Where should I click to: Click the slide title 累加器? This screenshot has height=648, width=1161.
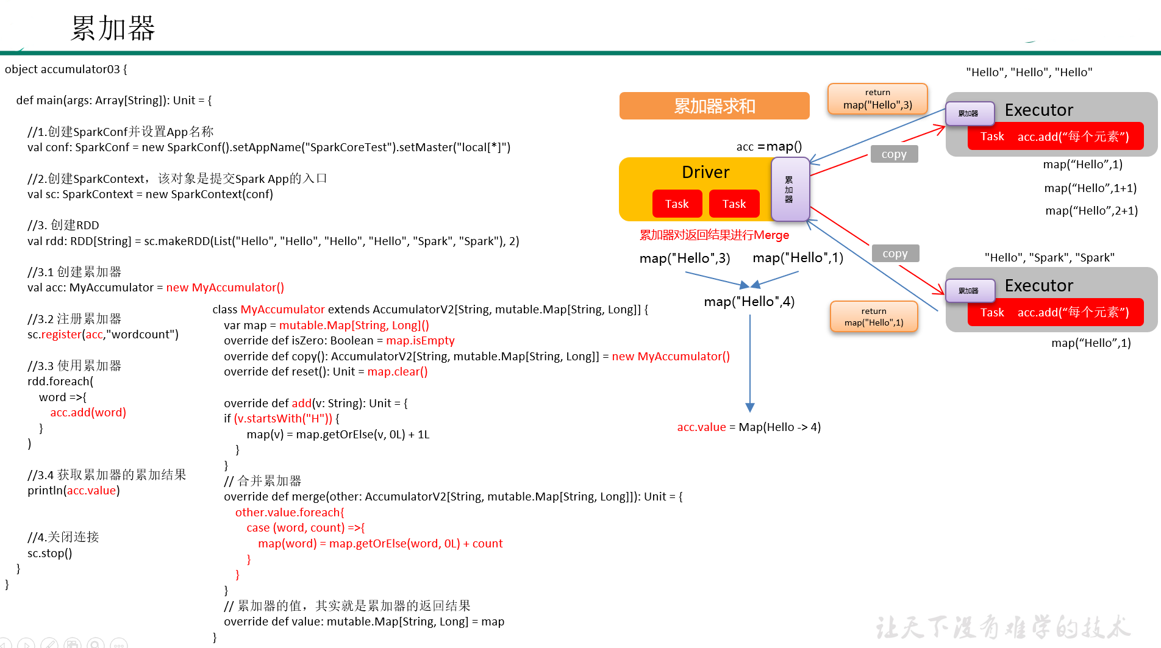click(113, 28)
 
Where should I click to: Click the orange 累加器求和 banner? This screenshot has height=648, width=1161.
click(714, 106)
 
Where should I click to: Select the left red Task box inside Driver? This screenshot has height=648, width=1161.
click(676, 204)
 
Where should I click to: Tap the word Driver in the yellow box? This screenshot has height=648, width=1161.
click(705, 173)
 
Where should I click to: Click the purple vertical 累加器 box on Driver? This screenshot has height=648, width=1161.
click(789, 190)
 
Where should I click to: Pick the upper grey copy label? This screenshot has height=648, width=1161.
click(893, 154)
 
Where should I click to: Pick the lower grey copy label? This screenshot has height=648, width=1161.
click(895, 254)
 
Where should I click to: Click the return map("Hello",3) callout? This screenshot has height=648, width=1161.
click(877, 99)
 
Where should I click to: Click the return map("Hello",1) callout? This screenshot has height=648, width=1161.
click(873, 317)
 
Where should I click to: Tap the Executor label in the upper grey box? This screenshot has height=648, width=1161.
click(1038, 110)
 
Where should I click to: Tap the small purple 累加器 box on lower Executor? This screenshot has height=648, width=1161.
click(969, 291)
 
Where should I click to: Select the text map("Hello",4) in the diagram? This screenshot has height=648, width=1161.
click(749, 302)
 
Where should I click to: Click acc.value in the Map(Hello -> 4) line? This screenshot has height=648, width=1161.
click(701, 427)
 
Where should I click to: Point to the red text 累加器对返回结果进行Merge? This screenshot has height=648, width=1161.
click(713, 235)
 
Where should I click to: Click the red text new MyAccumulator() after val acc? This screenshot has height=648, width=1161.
click(225, 288)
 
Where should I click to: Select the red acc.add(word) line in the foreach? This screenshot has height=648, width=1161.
click(88, 413)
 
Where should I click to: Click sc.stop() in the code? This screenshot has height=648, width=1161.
click(49, 554)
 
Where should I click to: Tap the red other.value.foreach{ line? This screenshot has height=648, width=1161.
click(290, 513)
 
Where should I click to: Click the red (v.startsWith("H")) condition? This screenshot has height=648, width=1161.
click(283, 419)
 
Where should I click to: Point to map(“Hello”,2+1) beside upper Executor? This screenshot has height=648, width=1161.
click(1091, 211)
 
